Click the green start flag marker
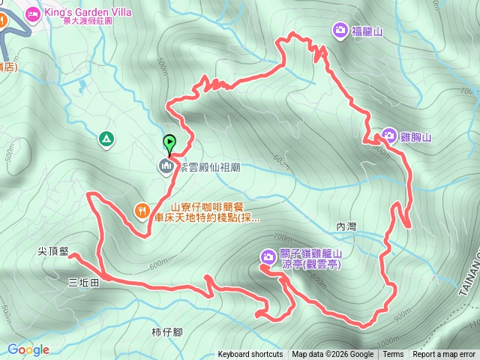click(169, 142)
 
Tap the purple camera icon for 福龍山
click(340, 30)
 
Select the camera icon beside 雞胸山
click(388, 136)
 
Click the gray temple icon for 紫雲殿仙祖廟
click(166, 166)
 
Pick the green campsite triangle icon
click(106, 138)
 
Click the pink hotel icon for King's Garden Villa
click(32, 13)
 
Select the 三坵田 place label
click(82, 283)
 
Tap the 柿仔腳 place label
click(166, 331)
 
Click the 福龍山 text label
click(367, 30)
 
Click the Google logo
click(28, 349)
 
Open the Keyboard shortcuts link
click(250, 355)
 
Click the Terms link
click(393, 355)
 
